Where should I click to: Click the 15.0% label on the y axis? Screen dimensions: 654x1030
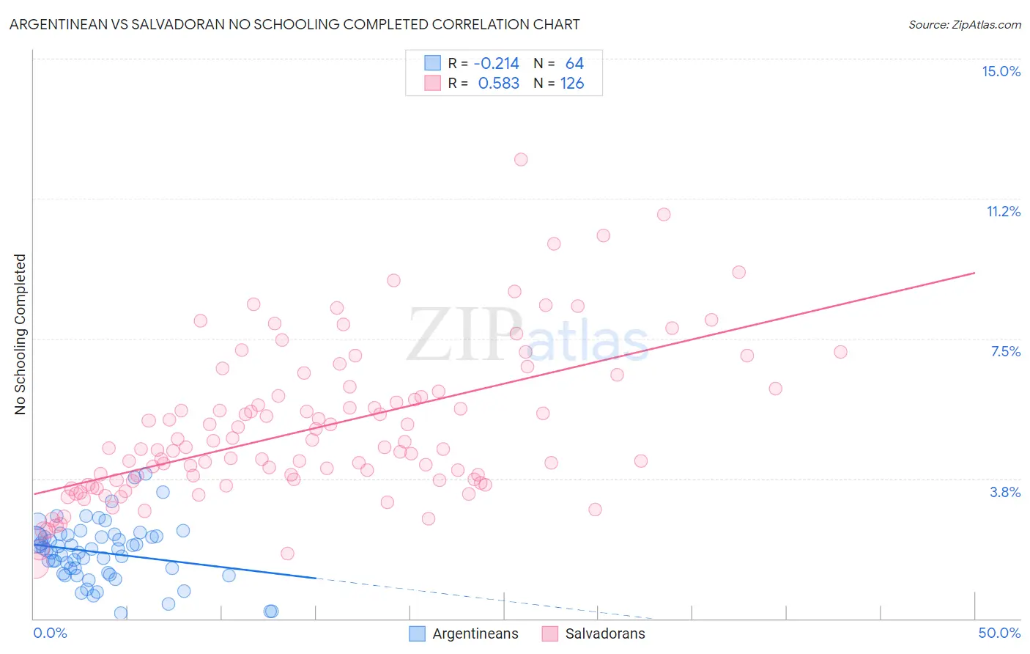(x=1001, y=71)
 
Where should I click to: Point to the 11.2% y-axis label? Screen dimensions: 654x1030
(x=1003, y=211)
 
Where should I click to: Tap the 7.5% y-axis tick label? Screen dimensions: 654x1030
(x=1005, y=351)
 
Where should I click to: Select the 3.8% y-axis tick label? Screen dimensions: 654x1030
(x=1005, y=492)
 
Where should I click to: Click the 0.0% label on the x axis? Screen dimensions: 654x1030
(x=50, y=633)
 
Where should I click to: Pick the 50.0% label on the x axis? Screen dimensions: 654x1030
(x=999, y=633)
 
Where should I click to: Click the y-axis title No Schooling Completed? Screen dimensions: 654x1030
(x=21, y=334)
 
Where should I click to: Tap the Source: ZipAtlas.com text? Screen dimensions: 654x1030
(x=964, y=24)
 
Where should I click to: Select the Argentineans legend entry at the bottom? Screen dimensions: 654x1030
(x=475, y=633)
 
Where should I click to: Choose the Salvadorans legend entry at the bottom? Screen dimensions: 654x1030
(x=604, y=633)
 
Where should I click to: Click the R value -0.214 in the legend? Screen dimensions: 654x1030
(x=496, y=63)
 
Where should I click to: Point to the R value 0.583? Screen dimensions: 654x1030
(x=498, y=83)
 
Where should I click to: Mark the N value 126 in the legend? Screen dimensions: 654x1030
(x=572, y=83)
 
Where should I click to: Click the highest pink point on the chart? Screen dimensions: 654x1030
(x=521, y=159)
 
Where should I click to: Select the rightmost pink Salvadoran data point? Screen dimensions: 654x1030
(x=840, y=352)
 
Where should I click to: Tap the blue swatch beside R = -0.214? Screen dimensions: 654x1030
(x=432, y=63)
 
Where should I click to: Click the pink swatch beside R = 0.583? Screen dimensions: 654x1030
(x=432, y=83)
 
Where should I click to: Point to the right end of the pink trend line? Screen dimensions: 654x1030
(x=974, y=273)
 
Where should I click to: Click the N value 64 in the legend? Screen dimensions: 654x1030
(x=574, y=63)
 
